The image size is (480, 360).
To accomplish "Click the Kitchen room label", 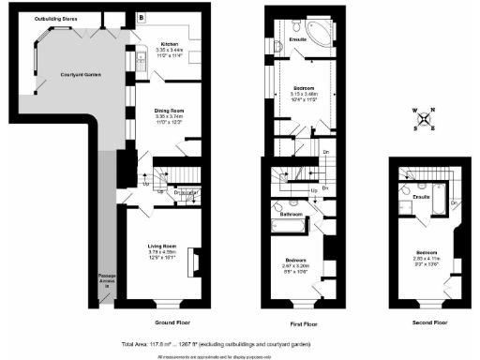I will (169, 44).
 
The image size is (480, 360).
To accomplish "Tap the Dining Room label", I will (170, 111).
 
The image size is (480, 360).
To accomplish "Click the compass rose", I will (425, 119).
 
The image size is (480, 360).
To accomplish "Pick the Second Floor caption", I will (427, 322).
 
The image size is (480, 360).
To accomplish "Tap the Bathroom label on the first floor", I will (291, 214).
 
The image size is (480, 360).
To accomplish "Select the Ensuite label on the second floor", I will (421, 197).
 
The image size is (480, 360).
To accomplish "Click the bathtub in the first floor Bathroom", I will (291, 226).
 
